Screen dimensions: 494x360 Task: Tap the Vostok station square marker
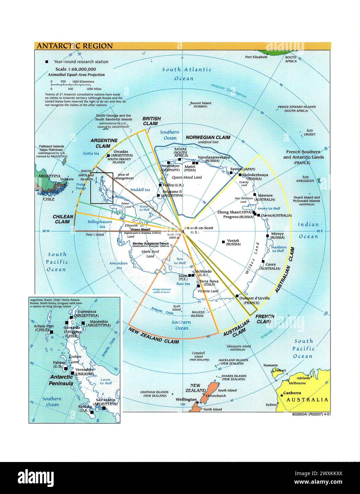223,242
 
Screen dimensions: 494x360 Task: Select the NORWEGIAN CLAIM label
208,137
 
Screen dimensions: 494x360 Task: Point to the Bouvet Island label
200,103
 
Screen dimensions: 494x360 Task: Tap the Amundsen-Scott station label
199,228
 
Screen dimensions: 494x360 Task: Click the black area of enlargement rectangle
102,188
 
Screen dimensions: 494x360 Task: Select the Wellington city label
186,399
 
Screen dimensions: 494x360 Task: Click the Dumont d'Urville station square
237,295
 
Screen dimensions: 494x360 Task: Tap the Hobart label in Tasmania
280,370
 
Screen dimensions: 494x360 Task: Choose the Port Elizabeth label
256,57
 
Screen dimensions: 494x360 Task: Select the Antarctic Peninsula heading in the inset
61,380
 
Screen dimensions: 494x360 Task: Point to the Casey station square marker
263,261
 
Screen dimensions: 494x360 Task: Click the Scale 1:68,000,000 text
76,69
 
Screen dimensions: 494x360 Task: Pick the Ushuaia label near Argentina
67,179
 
